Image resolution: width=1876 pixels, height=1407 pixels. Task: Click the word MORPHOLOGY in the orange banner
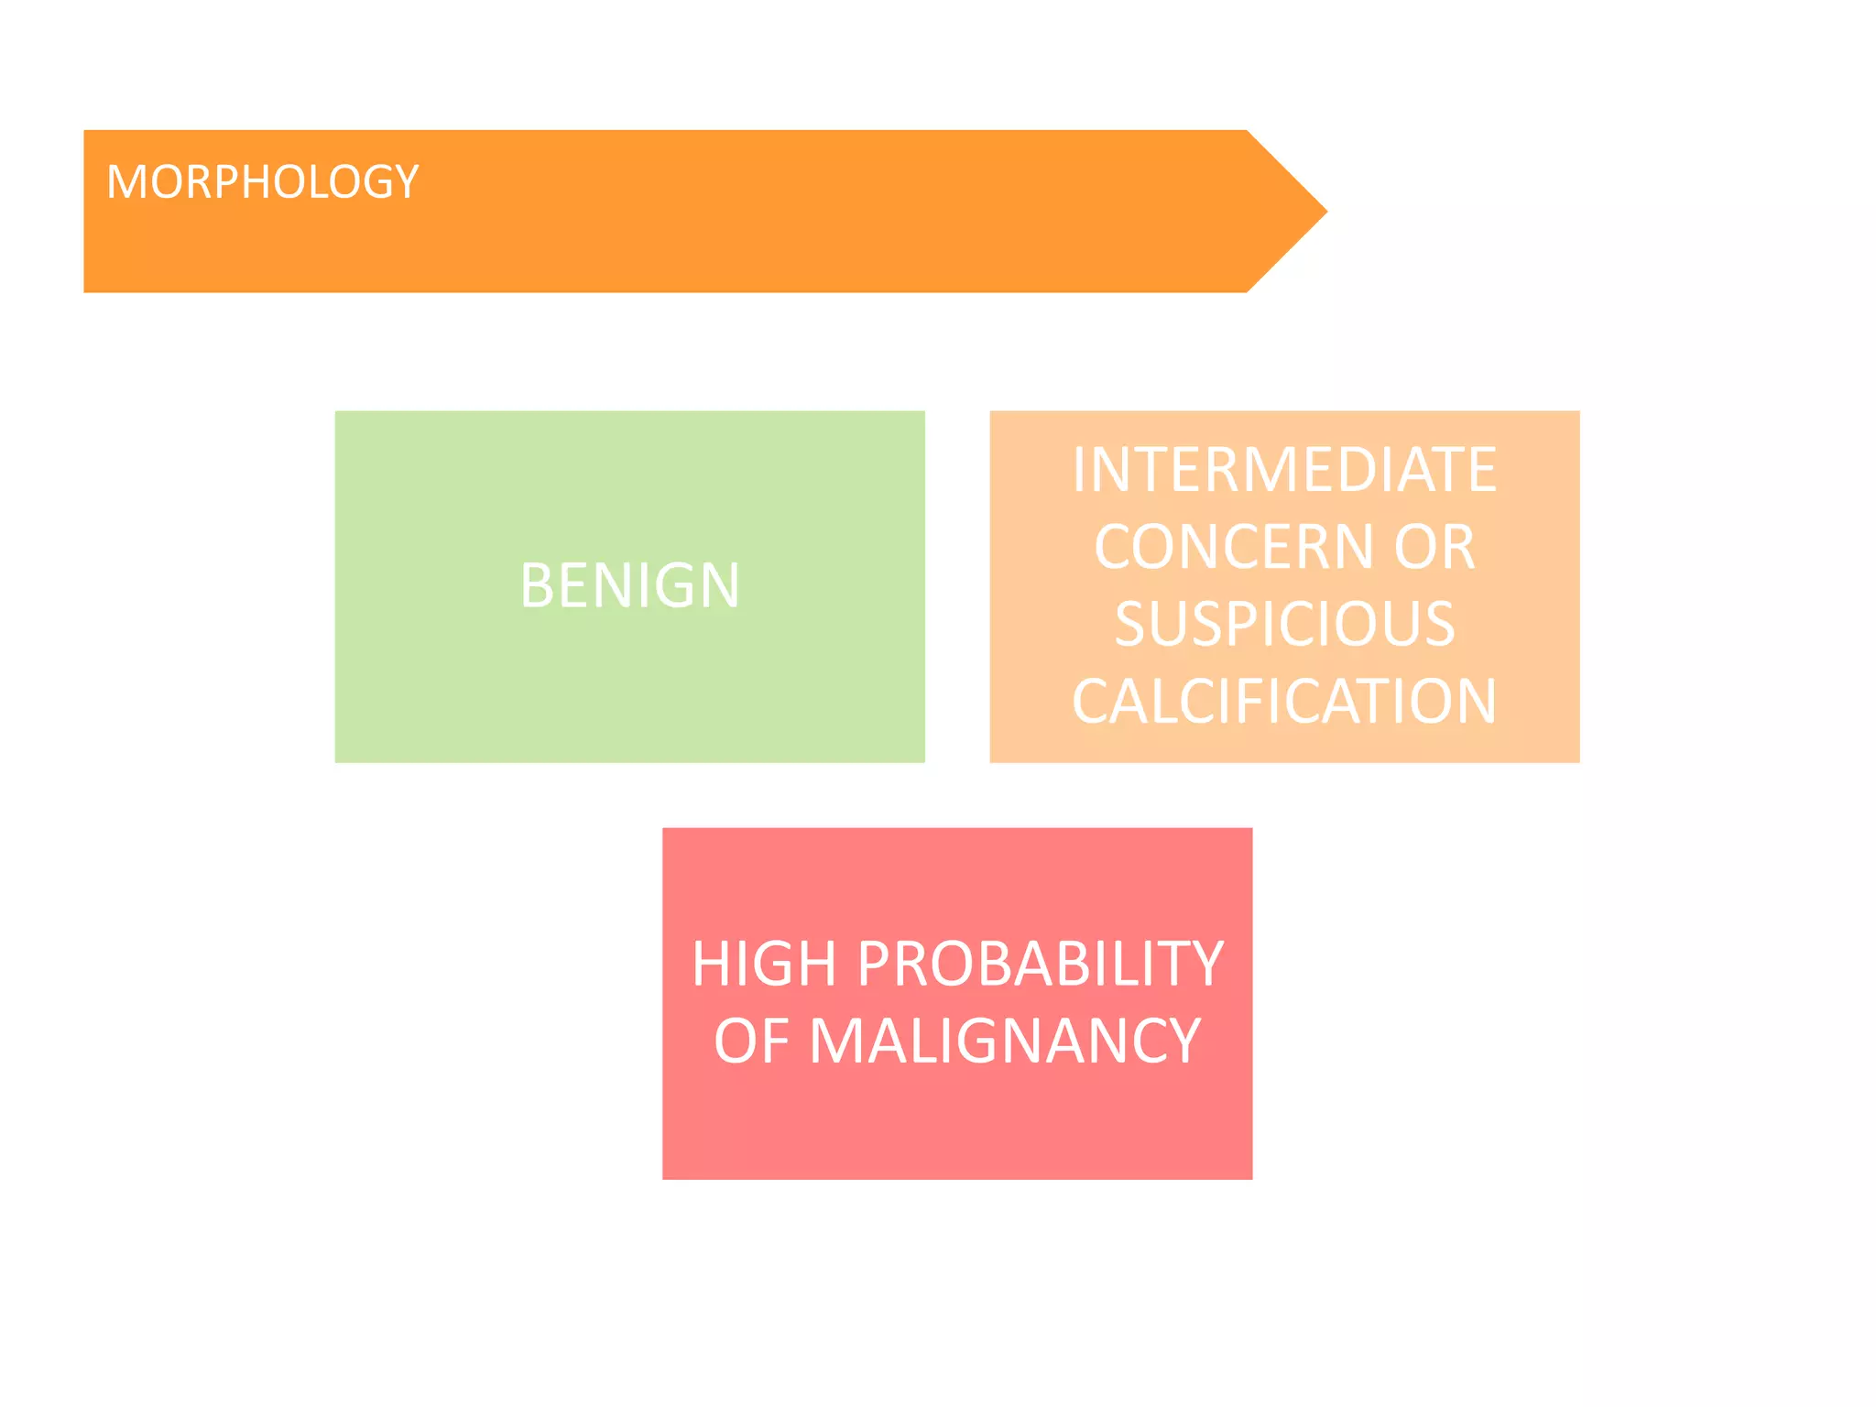coord(263,181)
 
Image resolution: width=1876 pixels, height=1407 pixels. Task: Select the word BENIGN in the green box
coord(629,585)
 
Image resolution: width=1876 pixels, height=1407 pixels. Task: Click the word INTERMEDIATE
coord(1284,470)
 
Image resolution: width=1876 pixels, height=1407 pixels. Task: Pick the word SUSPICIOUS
coord(1284,624)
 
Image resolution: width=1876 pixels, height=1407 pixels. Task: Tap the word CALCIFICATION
coord(1284,702)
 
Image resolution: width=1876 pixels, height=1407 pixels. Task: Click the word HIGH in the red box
coord(764,965)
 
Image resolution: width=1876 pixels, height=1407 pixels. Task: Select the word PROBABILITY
coord(1041,965)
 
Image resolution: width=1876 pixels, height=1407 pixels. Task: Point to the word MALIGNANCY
coord(1005,1042)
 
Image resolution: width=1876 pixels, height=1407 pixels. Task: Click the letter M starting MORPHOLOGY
coord(125,181)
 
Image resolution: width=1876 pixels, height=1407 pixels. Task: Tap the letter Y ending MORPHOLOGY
coord(406,181)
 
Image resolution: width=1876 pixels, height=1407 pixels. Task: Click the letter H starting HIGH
coord(711,965)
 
